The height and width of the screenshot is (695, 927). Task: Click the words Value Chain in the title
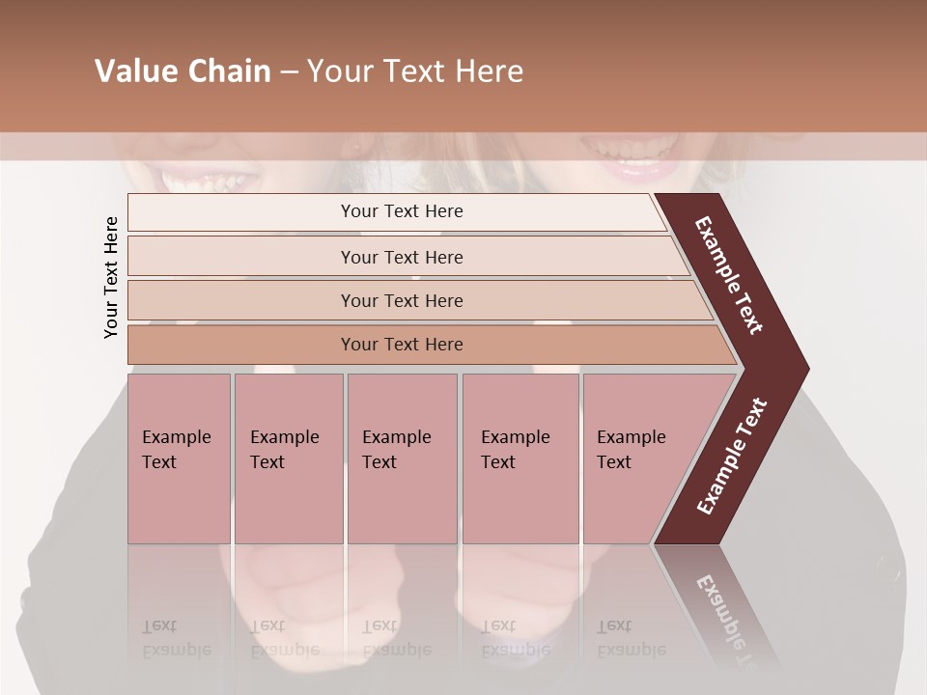point(183,71)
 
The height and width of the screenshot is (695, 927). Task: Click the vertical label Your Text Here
point(111,277)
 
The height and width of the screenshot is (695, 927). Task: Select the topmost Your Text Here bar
point(401,211)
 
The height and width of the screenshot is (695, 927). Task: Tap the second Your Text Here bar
point(401,257)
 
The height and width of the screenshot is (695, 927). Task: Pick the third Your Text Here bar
point(401,300)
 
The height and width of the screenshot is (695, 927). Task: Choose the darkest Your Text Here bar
point(401,345)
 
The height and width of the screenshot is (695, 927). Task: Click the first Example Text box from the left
point(179,458)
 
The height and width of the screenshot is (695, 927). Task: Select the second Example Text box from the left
point(288,458)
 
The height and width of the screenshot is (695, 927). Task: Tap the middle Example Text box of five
point(402,458)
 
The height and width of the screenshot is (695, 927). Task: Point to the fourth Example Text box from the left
point(520,458)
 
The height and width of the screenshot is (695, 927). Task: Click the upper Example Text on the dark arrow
point(730,275)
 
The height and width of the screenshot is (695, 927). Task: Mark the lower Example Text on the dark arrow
point(732,456)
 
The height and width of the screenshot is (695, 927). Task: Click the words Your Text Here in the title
point(415,71)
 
